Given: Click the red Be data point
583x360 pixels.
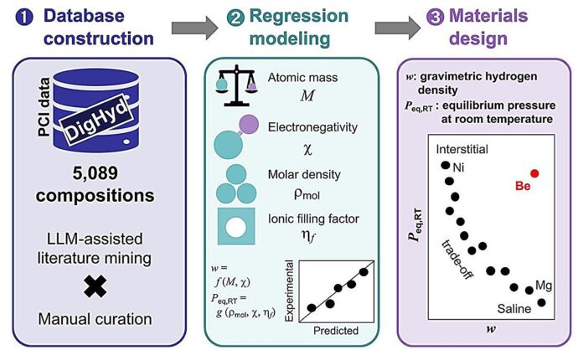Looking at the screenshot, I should pyautogui.click(x=534, y=173).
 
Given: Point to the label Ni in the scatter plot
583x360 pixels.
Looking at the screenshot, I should pyautogui.click(x=458, y=168).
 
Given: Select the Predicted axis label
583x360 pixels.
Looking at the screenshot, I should pyautogui.click(x=334, y=330).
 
